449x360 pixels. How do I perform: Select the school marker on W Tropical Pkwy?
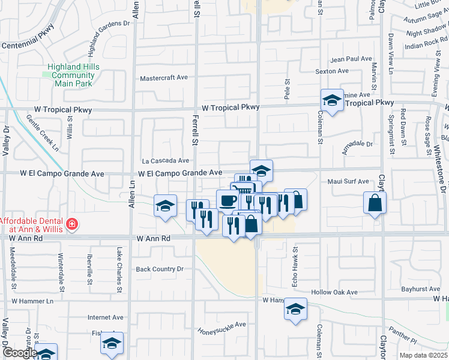(332, 101)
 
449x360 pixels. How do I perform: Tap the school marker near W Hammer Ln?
(295, 309)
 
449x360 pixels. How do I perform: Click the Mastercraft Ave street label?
(164, 78)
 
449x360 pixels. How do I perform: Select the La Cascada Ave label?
(166, 161)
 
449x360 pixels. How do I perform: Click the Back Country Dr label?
(160, 269)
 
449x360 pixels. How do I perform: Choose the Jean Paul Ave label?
(352, 59)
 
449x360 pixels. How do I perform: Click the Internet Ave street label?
(105, 317)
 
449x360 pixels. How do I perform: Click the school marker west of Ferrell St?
(166, 206)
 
